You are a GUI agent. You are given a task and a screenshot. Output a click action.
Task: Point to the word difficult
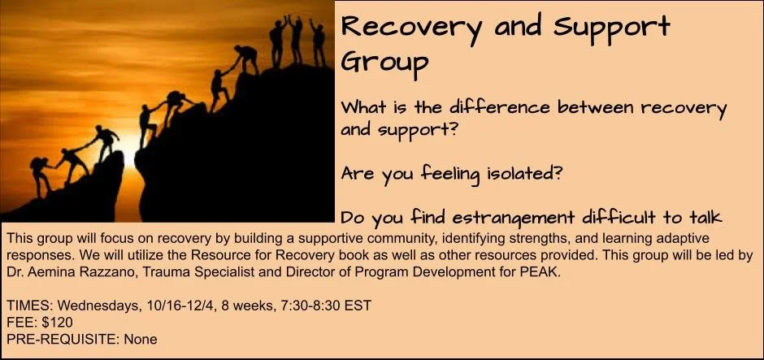[635, 217]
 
